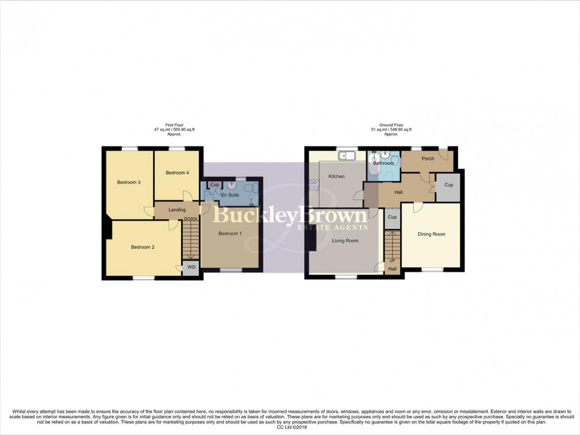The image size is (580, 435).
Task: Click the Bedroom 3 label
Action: tap(128, 182)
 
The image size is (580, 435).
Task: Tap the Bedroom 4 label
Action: tap(177, 172)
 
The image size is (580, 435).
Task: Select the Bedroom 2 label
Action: tap(143, 247)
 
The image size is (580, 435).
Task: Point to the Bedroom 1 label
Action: tap(230, 234)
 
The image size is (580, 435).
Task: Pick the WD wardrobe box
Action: tap(191, 267)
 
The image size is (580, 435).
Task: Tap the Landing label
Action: tap(177, 209)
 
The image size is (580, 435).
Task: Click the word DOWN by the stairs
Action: tap(190, 219)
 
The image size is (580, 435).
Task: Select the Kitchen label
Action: tap(337, 176)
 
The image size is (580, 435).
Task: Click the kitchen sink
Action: tap(346, 156)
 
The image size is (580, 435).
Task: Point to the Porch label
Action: tap(428, 158)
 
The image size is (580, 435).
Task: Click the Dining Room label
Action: tap(431, 234)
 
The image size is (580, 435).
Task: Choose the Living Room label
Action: tap(344, 241)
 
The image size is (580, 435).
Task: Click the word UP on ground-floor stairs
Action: tap(392, 261)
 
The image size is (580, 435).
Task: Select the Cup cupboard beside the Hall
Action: tap(449, 185)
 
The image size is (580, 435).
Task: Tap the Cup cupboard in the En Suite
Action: tap(214, 185)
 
